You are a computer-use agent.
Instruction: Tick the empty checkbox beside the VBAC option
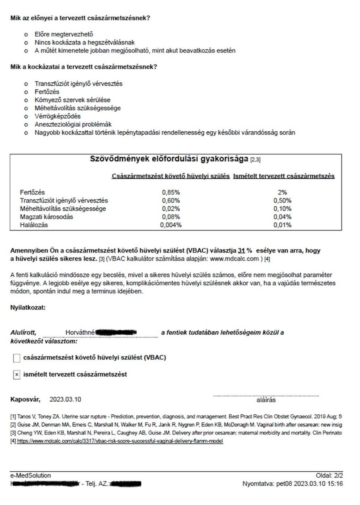[17, 358]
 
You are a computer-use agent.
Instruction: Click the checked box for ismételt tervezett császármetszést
[17, 375]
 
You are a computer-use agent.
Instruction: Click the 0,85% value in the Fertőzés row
[171, 192]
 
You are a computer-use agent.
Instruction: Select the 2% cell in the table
[282, 192]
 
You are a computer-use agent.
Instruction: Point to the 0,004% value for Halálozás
[171, 225]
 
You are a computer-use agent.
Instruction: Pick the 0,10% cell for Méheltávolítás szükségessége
[282, 209]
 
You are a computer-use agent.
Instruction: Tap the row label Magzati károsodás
[46, 217]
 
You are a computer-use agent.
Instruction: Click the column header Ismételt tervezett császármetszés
[284, 176]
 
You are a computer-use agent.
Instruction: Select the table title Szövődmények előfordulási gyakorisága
[169, 159]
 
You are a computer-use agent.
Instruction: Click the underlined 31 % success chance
[245, 251]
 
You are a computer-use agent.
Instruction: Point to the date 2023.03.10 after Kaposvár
[65, 399]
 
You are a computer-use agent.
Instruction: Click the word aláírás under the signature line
[266, 400]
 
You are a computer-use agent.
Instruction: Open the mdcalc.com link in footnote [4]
[120, 441]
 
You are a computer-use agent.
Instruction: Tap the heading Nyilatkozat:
[28, 307]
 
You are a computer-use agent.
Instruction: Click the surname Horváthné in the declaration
[80, 332]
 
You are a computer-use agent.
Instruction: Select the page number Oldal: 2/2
[329, 475]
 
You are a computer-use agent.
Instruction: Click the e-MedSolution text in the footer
[30, 475]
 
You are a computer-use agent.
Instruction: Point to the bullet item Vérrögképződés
[58, 116]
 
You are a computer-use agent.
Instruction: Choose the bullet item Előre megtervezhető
[64, 34]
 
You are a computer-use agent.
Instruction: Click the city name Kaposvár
[25, 399]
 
